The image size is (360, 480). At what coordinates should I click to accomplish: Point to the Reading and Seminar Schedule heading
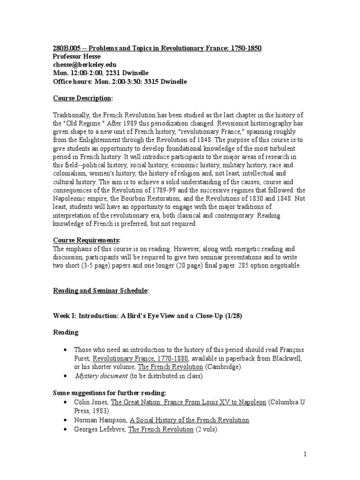[100, 291]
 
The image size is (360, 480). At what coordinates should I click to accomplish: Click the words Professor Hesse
[75, 57]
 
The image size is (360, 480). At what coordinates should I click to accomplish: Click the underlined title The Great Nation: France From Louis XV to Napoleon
[188, 403]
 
